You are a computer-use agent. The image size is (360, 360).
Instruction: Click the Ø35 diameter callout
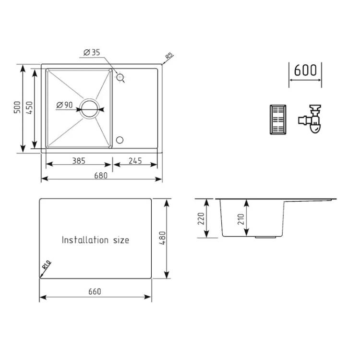(92, 53)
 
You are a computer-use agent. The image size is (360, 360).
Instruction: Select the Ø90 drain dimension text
(64, 105)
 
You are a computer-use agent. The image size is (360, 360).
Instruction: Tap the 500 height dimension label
(17, 107)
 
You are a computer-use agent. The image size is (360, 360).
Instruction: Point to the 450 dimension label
(29, 108)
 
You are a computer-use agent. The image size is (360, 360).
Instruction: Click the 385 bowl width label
(79, 161)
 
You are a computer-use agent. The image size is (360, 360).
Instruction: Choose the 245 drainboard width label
(135, 161)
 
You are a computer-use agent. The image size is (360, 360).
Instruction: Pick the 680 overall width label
(101, 175)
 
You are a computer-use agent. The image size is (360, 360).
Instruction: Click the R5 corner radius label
(169, 56)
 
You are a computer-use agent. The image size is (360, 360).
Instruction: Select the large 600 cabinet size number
(305, 70)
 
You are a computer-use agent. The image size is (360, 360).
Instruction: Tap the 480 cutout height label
(162, 238)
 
